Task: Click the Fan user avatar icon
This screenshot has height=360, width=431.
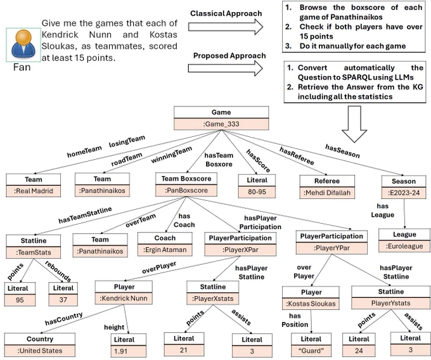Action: pos(23,45)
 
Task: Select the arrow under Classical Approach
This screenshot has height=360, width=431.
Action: pos(226,27)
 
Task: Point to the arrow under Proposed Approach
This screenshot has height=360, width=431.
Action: pos(226,68)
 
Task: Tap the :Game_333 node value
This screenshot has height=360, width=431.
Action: pos(221,124)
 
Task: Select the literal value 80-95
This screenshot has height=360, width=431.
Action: pos(257,191)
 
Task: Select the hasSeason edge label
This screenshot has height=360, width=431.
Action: pos(342,151)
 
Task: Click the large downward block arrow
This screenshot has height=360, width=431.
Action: pos(354,124)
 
